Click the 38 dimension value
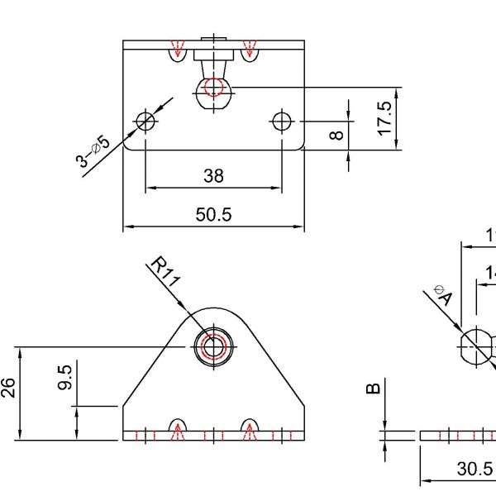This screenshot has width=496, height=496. pos(213,176)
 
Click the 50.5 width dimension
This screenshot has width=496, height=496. pos(213,214)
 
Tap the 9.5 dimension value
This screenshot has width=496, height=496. pos(66,379)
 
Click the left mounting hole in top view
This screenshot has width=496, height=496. pos(145,121)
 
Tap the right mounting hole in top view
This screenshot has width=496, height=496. pos(281,121)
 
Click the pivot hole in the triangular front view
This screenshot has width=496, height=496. pos(214,346)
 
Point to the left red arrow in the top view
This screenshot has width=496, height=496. pos(175,48)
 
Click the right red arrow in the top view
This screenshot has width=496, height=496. pos(248,48)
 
